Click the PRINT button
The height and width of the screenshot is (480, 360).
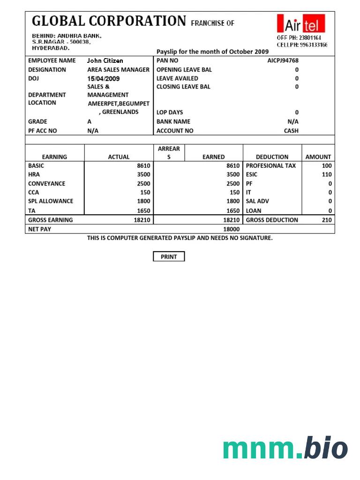[x=169, y=256]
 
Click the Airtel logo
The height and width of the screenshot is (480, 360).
[x=301, y=23]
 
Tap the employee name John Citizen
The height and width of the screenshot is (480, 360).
[x=105, y=60]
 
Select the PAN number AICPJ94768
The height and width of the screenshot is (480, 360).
[x=283, y=60]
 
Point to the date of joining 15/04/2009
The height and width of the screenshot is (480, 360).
[x=103, y=78]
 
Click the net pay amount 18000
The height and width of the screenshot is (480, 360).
[x=232, y=229]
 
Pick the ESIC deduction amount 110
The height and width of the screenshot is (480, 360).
[x=327, y=174]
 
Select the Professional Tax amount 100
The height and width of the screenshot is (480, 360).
[x=327, y=165]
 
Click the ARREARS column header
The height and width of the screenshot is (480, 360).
[x=169, y=153]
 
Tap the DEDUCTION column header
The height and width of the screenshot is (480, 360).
[x=272, y=157]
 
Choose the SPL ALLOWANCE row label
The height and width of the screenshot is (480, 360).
[x=51, y=201]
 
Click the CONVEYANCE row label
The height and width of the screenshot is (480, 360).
[x=46, y=183]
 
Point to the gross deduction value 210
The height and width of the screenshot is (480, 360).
[x=327, y=220]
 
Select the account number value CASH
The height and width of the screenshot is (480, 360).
[x=291, y=131]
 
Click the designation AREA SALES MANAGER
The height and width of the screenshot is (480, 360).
[x=118, y=69]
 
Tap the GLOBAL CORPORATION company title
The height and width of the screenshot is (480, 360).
[x=109, y=21]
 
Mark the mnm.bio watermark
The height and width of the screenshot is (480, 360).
[x=285, y=448]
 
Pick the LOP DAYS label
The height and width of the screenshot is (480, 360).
[x=170, y=112]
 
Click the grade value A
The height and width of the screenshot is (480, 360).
[x=90, y=121]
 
